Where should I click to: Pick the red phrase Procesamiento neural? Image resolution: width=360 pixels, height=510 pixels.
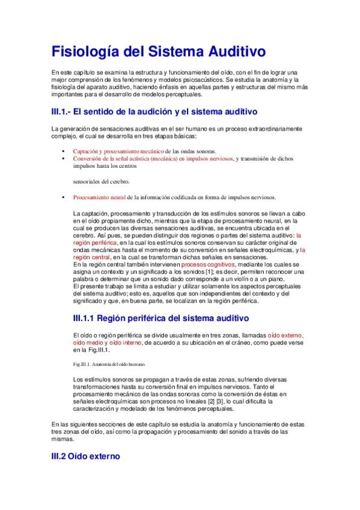click(99, 197)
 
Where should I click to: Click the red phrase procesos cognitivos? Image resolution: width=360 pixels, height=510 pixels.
click(209, 264)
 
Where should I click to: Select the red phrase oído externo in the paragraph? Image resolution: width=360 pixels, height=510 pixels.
click(285, 335)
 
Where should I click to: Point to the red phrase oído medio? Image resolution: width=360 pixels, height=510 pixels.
click(88, 342)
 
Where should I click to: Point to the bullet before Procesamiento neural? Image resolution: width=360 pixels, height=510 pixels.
click(63, 197)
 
